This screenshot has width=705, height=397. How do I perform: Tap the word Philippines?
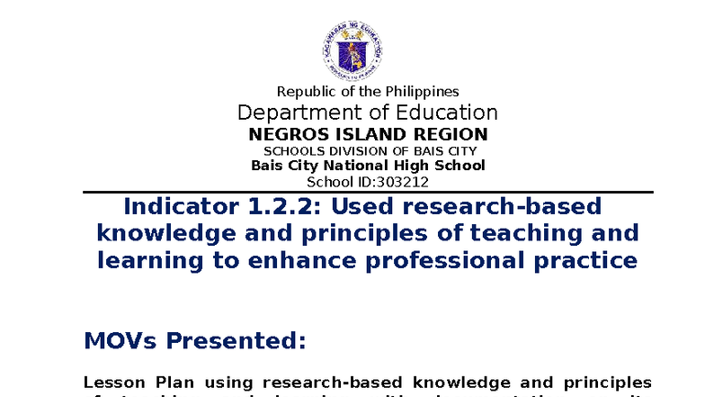pos(422,92)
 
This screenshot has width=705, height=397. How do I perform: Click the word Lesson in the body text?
pos(109,381)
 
